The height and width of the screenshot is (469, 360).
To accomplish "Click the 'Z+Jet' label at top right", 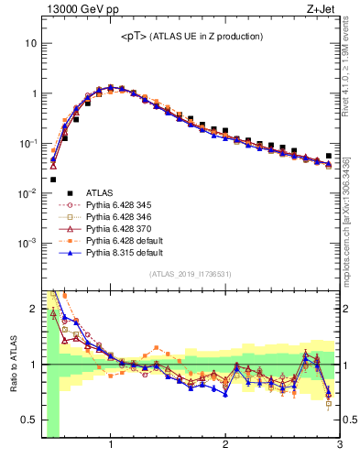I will coord(323,10).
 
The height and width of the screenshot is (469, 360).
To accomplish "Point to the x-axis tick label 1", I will coord(111,446).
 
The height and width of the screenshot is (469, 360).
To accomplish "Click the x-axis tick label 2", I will coord(225,446).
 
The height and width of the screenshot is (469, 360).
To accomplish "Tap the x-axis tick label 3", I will coord(339,446).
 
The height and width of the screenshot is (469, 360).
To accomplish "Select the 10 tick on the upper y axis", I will coord(31,44).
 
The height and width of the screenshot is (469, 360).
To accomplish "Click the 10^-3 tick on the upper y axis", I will coord(27,244).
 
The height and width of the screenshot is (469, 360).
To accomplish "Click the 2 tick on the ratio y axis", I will coord(33,308).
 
